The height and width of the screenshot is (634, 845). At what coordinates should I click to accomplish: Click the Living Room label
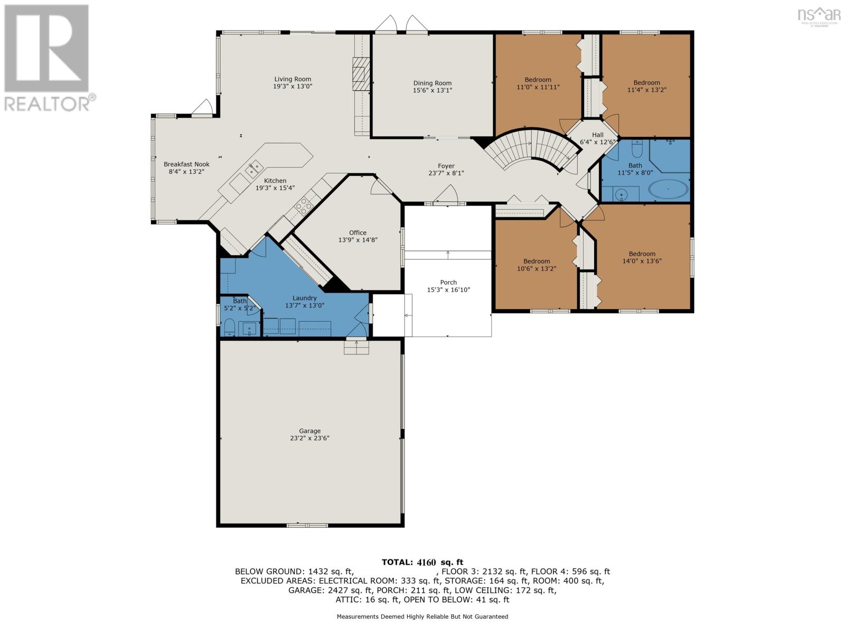(293, 79)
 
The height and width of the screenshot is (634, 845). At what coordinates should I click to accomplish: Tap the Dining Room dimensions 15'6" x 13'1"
(433, 90)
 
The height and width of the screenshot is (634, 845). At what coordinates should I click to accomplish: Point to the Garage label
(310, 431)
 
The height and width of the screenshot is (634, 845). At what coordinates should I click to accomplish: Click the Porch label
(448, 282)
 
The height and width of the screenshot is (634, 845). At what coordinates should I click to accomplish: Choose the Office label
(358, 232)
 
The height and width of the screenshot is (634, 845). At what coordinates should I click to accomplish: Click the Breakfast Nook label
(187, 164)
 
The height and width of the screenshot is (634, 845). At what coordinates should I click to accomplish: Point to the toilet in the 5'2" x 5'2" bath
(229, 327)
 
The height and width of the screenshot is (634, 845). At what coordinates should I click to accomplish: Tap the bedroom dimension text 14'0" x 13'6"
(642, 261)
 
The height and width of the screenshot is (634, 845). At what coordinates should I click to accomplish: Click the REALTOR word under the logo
(47, 104)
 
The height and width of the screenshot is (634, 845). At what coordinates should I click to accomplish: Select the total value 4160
(427, 562)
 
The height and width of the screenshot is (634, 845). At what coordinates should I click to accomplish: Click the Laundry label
(305, 298)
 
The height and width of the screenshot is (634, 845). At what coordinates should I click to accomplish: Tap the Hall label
(597, 135)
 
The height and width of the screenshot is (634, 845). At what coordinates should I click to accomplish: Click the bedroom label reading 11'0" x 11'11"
(538, 87)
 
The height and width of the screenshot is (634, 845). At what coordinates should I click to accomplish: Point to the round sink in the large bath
(621, 195)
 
